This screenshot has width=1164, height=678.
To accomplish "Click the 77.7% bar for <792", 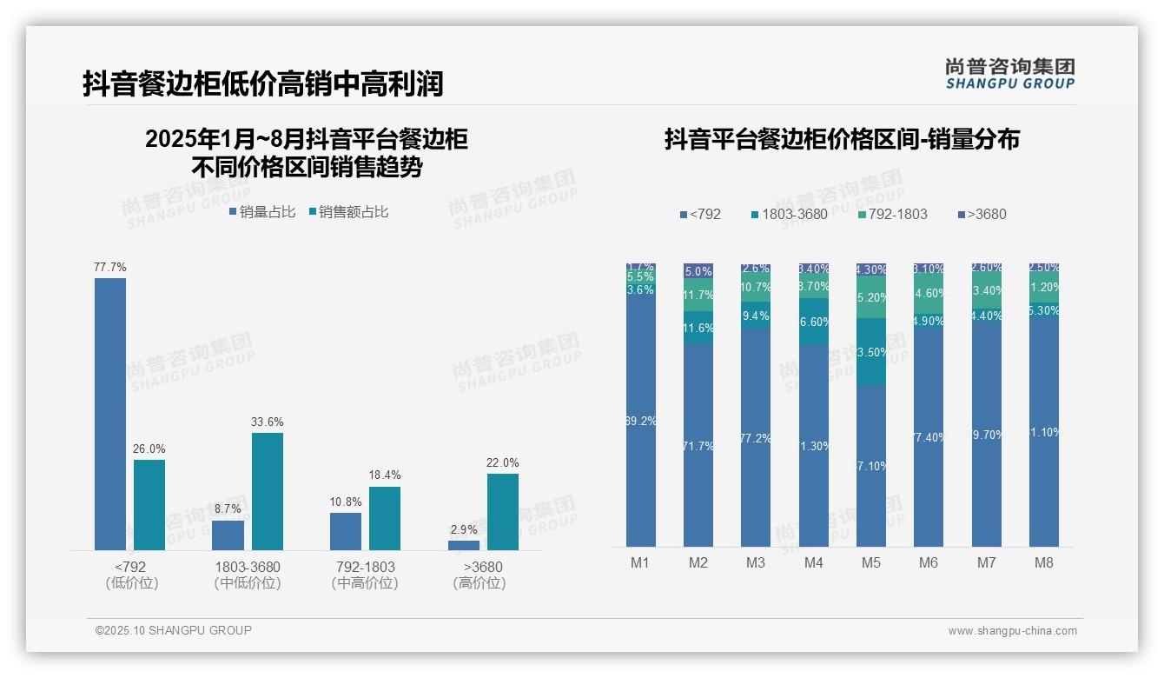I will [x=110, y=414].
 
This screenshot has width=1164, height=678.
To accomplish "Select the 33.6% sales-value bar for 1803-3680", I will [x=268, y=491].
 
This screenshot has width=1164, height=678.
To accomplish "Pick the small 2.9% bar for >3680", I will [x=464, y=545].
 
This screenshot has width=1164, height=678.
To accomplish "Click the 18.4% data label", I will [x=385, y=475].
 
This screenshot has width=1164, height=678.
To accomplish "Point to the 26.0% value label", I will [x=149, y=449].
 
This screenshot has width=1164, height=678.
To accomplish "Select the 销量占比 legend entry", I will [x=262, y=212].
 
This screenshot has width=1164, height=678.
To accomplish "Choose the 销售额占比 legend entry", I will [x=348, y=212].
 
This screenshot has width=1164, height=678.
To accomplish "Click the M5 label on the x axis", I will [x=871, y=562].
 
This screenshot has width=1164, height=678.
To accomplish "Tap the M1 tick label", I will [x=640, y=562].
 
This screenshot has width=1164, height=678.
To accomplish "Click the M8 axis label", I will [x=1044, y=562].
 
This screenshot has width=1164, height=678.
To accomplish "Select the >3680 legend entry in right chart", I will [x=982, y=215].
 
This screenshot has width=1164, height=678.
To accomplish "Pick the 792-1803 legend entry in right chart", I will [x=892, y=215].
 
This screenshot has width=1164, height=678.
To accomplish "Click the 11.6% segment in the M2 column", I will [x=698, y=328].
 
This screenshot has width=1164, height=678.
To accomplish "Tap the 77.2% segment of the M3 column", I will [x=756, y=437].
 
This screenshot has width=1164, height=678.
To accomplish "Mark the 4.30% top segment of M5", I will [x=871, y=269].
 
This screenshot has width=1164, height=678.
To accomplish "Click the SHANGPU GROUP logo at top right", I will [x=1010, y=74].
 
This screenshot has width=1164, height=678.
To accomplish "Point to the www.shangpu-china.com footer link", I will [x=1012, y=631].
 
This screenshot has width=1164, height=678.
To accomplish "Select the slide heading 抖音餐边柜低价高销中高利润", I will [x=263, y=83].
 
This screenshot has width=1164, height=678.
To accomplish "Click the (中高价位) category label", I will [x=365, y=583].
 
